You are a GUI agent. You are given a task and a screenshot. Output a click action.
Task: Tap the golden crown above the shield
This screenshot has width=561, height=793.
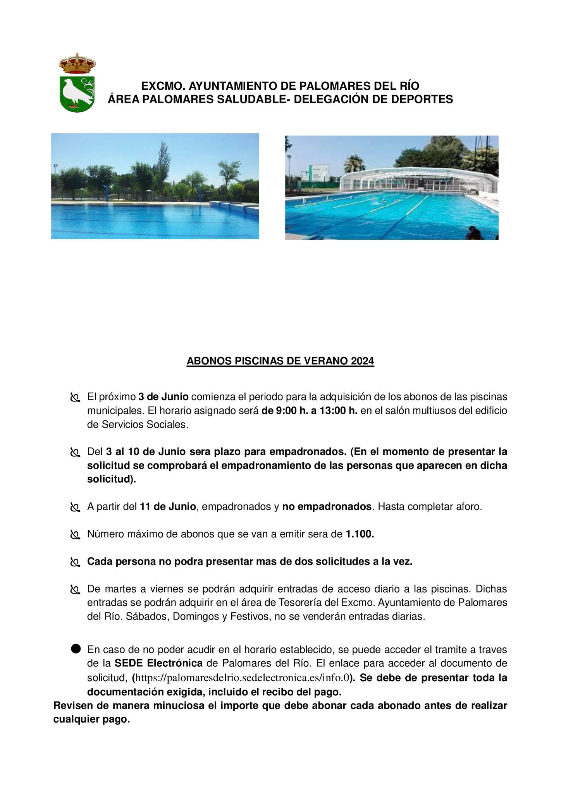point(77,64)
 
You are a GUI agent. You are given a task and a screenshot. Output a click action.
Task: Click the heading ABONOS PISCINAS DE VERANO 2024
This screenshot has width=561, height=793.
point(280,361)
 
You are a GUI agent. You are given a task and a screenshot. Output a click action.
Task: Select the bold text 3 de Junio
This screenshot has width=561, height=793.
point(163,397)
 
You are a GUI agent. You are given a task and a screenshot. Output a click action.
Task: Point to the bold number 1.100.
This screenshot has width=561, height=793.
point(360,534)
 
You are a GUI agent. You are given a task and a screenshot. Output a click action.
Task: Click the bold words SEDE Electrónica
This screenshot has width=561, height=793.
point(158,663)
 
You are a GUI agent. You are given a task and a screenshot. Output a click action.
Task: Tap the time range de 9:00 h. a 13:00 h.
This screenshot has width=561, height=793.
point(309,411)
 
